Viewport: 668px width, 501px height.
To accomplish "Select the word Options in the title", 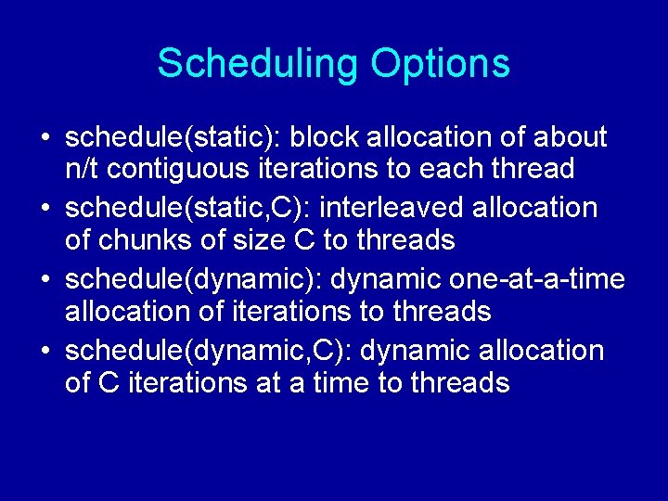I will click(x=440, y=64).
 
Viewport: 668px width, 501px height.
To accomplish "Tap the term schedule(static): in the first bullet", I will click(x=173, y=137).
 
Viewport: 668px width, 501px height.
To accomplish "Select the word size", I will click(x=252, y=240).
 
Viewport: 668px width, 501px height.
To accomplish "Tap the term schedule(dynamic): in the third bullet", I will click(x=194, y=280).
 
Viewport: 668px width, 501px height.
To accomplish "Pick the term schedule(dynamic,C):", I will click(x=210, y=352).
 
